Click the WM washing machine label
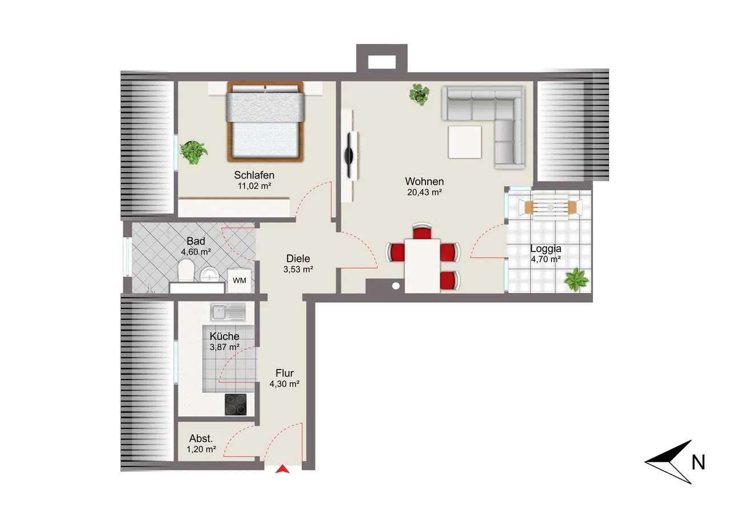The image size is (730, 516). click(x=239, y=281)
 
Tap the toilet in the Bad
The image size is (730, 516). click(x=186, y=270)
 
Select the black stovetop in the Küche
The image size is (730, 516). click(x=236, y=405)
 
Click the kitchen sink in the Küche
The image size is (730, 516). click(x=228, y=312)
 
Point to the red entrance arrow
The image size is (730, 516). click(x=282, y=469)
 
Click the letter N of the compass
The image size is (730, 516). click(x=698, y=462)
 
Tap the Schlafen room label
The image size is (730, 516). click(x=254, y=175)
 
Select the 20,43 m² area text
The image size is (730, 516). click(x=424, y=192)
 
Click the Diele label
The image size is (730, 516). click(x=298, y=258)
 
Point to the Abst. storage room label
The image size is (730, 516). click(x=201, y=438)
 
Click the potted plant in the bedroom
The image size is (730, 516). click(x=193, y=152)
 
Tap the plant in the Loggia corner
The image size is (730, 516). click(x=576, y=279)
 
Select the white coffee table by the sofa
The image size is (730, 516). click(x=465, y=142)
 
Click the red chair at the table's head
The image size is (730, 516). click(x=422, y=231)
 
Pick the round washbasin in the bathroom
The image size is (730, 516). click(x=209, y=274)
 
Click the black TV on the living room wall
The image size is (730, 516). click(x=350, y=155)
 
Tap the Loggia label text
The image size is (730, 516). click(x=546, y=249)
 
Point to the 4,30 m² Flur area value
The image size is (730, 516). click(x=284, y=384)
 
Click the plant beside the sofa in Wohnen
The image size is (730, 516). click(x=419, y=94)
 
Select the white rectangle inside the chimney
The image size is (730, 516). click(x=382, y=62)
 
